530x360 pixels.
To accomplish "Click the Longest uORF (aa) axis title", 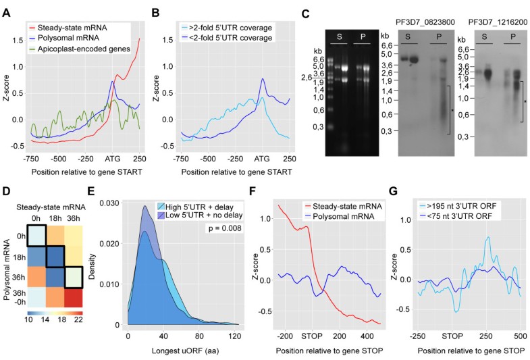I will [x=178, y=349].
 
